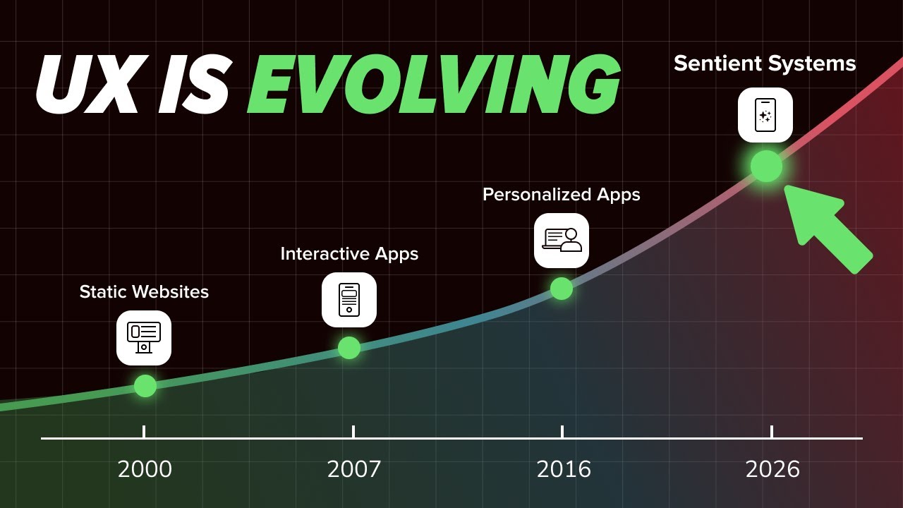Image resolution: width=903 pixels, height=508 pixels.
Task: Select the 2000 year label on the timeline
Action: point(145,469)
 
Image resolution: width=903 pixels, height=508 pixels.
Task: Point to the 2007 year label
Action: point(353,469)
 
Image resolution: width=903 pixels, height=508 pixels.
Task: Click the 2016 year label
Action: point(563,469)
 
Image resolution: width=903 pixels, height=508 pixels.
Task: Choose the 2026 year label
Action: point(772,469)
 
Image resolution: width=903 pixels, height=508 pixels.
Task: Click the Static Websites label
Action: point(144,291)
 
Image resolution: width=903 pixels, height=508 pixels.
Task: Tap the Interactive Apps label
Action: point(349,253)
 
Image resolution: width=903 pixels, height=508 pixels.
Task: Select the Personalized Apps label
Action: point(561,194)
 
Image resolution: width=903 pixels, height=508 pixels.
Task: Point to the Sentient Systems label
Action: point(765,64)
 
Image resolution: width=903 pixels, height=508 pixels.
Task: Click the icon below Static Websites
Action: point(144,338)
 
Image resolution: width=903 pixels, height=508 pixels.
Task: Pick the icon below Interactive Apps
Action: point(349,300)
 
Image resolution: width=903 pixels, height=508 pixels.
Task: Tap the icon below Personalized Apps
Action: point(562,241)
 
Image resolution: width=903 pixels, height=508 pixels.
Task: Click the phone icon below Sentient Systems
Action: point(765,115)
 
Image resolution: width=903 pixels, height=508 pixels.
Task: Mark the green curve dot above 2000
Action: point(145,386)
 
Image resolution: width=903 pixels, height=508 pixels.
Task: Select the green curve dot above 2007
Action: point(349,348)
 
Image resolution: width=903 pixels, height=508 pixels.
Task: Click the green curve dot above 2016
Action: point(562,289)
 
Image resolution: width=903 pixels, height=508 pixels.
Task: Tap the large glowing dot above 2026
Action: point(767,167)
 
